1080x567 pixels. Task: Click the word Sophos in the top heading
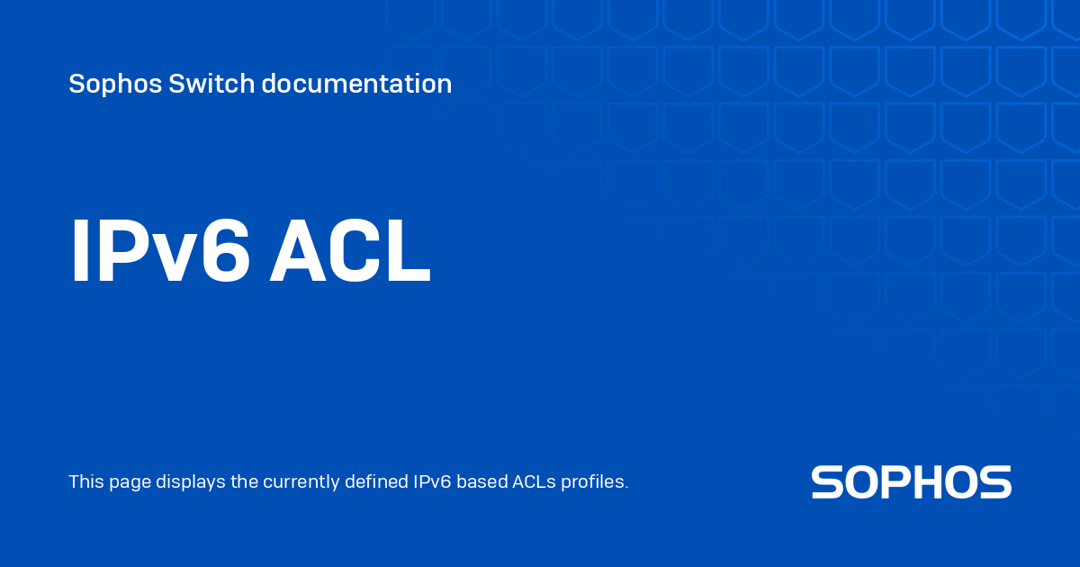click(115, 85)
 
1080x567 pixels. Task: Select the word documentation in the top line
click(356, 83)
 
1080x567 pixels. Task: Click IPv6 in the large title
click(160, 251)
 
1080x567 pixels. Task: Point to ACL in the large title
click(349, 251)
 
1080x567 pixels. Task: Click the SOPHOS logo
click(911, 481)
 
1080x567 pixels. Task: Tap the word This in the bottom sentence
click(85, 481)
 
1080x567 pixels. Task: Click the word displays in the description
click(191, 482)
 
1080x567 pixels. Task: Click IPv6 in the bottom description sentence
click(433, 481)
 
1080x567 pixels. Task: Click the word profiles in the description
click(595, 482)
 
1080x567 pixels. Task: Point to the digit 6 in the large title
click(226, 251)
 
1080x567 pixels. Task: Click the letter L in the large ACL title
click(409, 251)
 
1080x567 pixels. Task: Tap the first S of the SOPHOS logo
click(827, 481)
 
